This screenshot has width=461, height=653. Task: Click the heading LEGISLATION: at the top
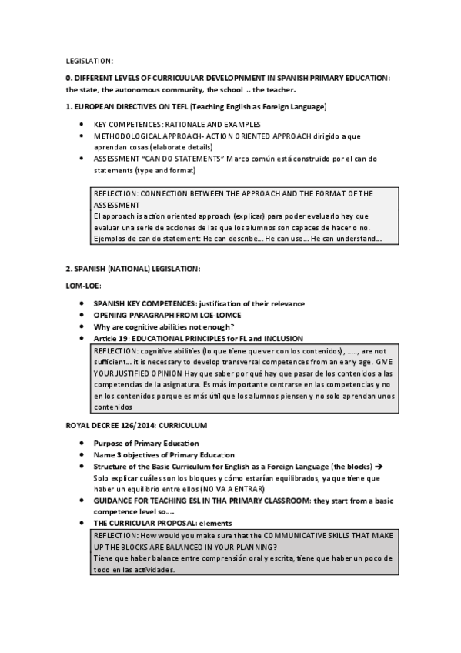coord(89,60)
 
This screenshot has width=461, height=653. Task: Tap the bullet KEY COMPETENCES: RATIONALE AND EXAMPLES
coord(177,125)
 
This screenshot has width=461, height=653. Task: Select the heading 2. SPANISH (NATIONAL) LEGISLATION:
coord(133,269)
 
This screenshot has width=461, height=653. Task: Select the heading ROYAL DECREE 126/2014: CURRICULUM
coord(136,426)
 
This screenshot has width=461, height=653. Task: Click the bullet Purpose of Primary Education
coord(146,444)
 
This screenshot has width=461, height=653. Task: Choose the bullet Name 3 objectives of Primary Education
coord(164,455)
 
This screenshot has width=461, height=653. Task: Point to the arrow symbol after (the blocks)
coord(379,467)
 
